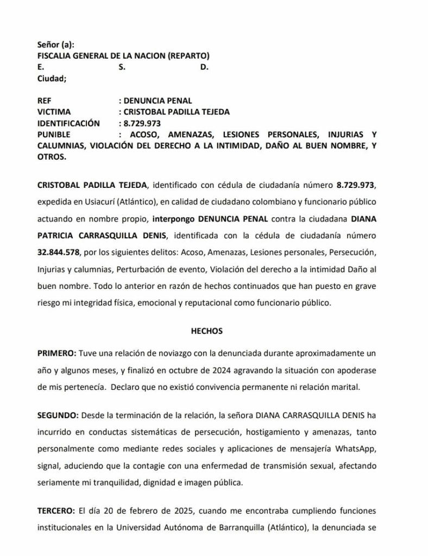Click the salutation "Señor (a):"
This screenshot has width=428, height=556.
55,45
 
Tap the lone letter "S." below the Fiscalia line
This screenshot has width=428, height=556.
122,67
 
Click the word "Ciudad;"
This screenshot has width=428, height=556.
52,78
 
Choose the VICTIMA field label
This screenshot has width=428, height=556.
54,112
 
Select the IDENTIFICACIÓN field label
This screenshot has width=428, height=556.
68,123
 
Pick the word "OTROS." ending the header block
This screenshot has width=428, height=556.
52,156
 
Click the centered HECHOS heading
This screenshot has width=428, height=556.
207,331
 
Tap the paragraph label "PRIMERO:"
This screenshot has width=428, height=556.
57,353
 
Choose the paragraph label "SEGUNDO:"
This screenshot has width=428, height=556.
58,415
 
